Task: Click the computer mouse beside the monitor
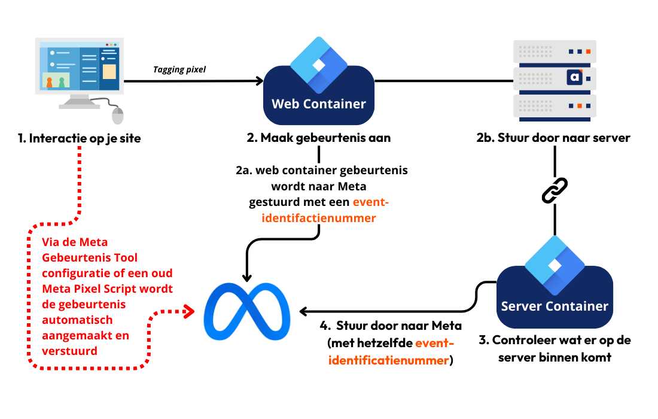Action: point(118,116)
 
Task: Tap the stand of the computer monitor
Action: point(79,102)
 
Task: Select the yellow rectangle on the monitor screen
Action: point(109,72)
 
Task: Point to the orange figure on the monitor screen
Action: point(49,82)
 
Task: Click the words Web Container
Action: point(319,104)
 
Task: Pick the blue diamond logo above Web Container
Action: point(319,64)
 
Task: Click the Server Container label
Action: point(555,306)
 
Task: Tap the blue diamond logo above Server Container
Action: point(555,265)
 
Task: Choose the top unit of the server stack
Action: point(555,51)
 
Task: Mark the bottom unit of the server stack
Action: point(555,106)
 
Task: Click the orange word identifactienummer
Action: point(319,218)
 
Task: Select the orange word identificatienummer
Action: point(389,361)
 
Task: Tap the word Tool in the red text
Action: point(126,257)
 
